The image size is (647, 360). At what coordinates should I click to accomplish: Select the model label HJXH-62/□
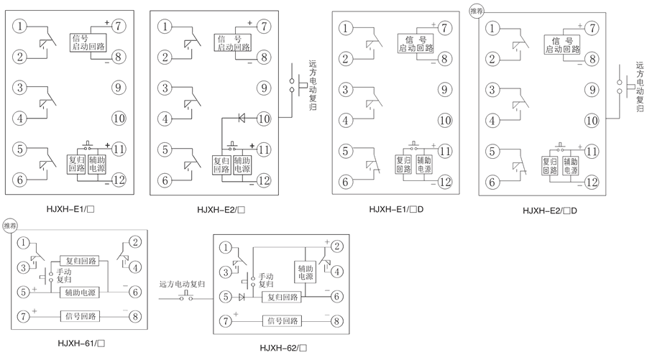point(283,349)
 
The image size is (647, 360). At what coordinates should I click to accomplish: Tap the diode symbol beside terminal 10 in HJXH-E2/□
point(242,117)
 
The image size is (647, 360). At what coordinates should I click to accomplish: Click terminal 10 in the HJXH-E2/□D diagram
point(592,120)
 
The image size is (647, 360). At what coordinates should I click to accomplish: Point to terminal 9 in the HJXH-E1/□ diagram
point(119,88)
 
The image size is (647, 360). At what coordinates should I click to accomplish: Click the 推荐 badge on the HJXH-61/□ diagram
point(10,226)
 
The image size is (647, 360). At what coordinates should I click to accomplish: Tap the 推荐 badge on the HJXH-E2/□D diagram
point(476,11)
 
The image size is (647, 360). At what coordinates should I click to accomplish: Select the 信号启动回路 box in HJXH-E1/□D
point(416,43)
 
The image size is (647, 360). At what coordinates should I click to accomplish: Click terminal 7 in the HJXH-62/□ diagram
point(226,320)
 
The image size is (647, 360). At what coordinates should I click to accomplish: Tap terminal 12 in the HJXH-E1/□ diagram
point(119,180)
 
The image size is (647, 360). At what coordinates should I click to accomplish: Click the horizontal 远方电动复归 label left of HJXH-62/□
point(182,285)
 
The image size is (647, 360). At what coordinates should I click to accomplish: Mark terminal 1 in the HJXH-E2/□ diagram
point(166,27)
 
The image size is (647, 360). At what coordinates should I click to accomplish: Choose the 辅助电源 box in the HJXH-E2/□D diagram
point(570,166)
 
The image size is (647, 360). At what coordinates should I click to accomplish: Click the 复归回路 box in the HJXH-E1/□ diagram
point(76,165)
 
